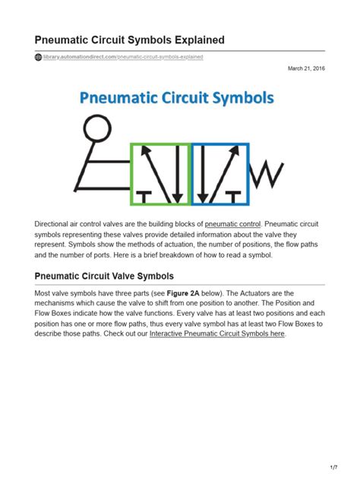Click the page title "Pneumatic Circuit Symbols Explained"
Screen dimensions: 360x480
click(129, 39)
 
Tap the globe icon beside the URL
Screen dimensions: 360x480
click(38, 57)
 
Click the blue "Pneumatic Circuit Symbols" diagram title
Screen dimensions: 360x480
click(178, 99)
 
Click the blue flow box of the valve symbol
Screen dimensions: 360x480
click(219, 174)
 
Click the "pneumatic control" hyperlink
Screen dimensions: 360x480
click(233, 224)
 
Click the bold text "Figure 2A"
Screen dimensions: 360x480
click(183, 293)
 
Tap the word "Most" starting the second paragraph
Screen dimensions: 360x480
click(43, 293)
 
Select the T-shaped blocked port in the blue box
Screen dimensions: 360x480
click(237, 199)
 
